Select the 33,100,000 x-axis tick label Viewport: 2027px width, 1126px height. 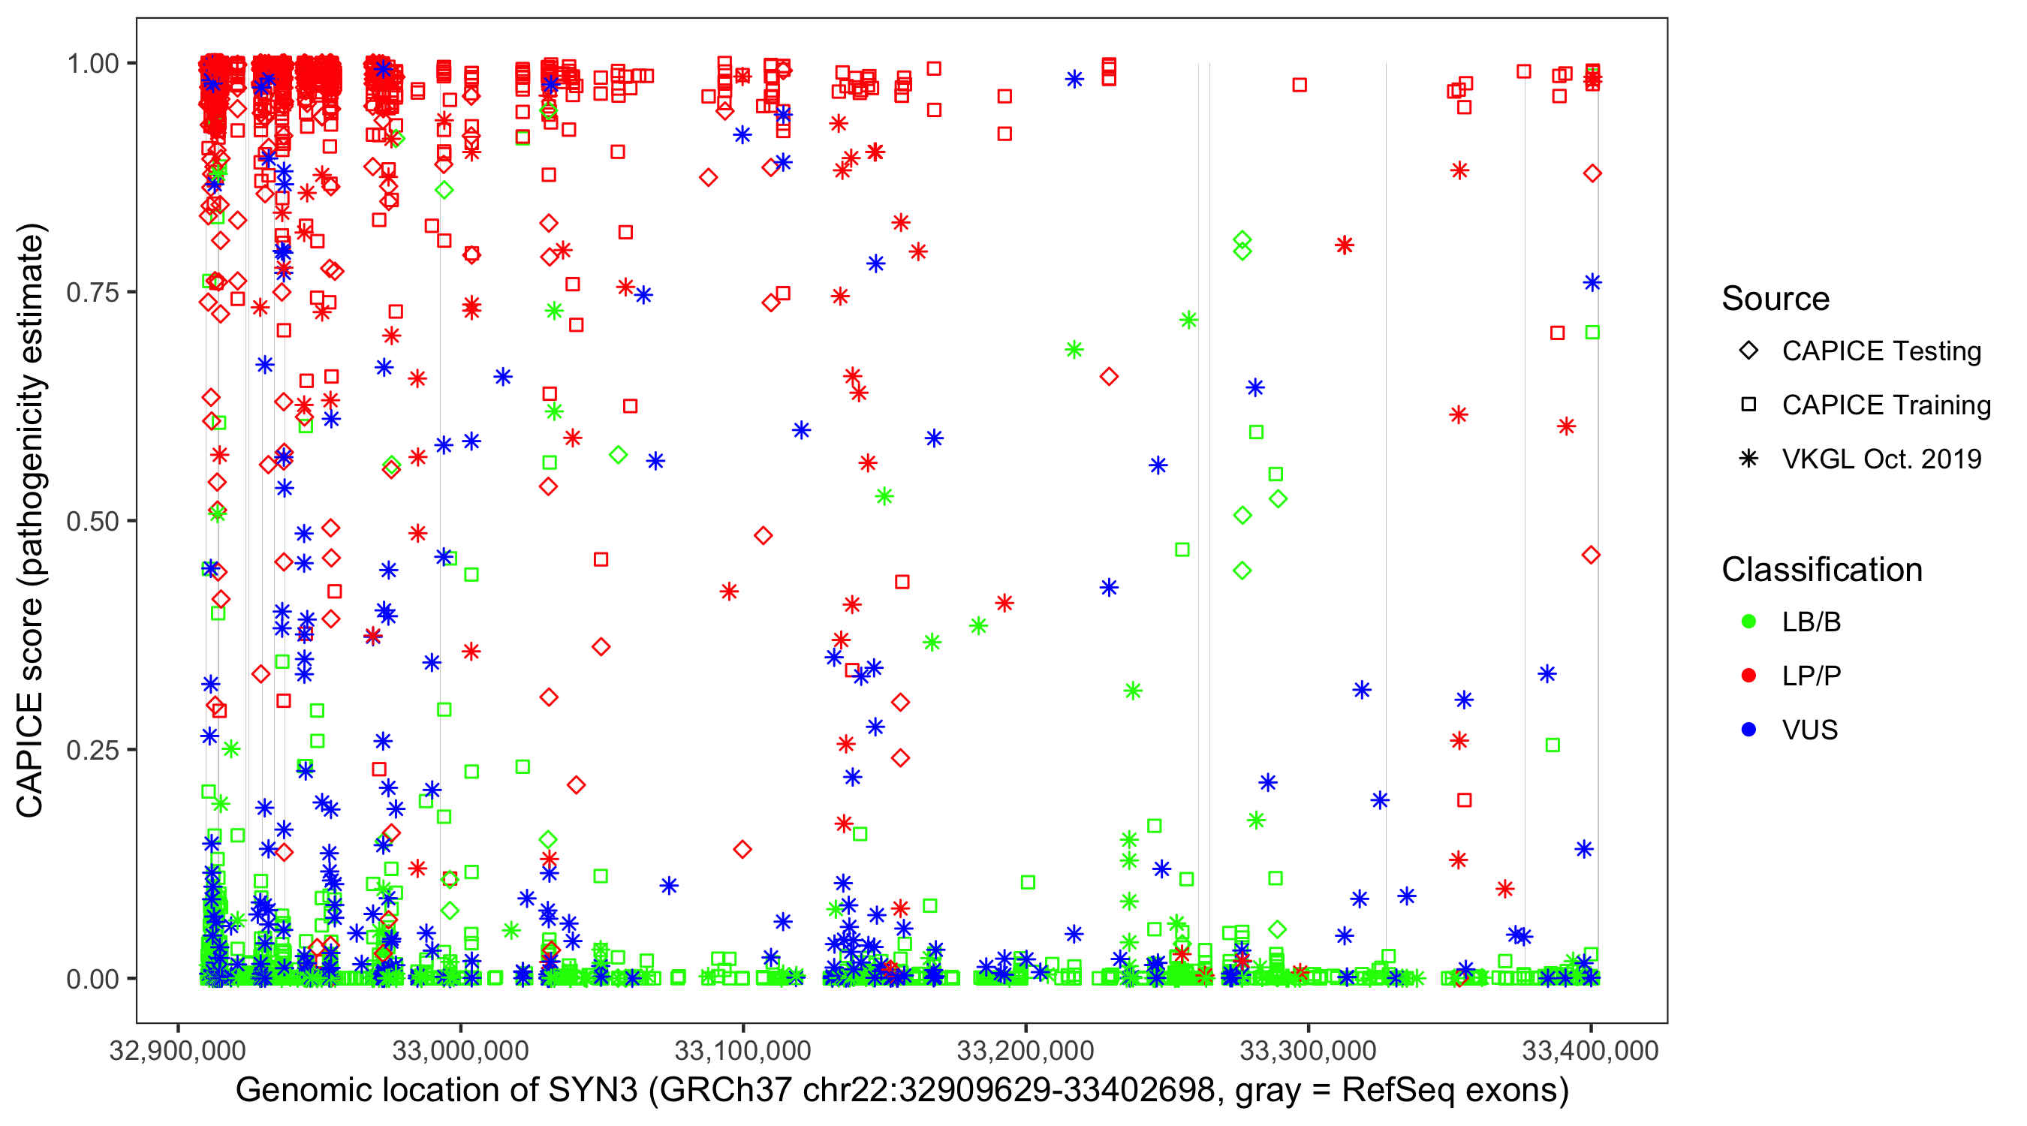(742, 1050)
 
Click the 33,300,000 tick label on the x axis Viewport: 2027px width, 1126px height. (1308, 1050)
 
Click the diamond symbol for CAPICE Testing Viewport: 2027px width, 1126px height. (1748, 351)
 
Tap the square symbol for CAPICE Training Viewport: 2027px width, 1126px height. (1748, 405)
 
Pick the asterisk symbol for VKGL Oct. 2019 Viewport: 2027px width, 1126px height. (1748, 459)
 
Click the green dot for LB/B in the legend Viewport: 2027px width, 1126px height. (1748, 622)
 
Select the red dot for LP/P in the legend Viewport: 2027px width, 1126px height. (1748, 676)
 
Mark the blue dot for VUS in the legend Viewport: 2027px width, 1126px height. (1748, 730)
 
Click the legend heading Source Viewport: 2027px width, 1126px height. (1776, 299)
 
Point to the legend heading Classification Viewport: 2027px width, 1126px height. (1821, 570)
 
